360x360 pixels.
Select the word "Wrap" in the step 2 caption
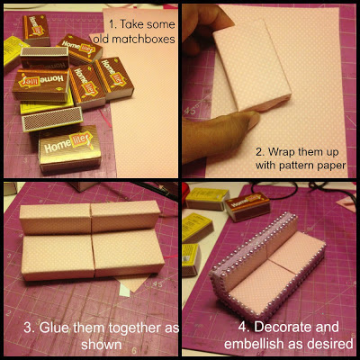click(282, 152)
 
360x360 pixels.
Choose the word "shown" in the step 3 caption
click(102, 345)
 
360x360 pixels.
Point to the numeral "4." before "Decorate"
click(244, 327)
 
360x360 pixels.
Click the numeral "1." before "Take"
click(112, 24)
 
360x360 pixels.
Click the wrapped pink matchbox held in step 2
click(252, 65)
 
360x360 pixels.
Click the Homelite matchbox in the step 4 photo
click(247, 206)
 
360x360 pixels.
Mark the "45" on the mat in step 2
click(191, 111)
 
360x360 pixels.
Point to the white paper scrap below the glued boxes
click(124, 291)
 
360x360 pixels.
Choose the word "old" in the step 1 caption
click(100, 39)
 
